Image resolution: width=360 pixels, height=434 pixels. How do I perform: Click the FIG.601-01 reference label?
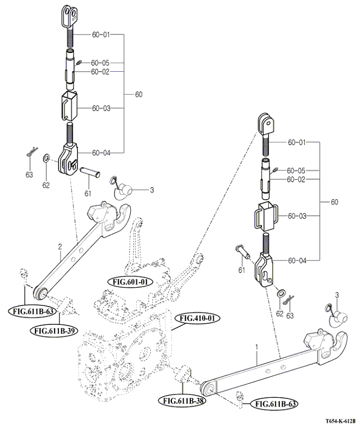point(130,282)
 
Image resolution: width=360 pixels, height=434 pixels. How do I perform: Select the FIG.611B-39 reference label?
point(55,331)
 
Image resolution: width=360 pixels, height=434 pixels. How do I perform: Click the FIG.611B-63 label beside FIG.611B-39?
point(32,311)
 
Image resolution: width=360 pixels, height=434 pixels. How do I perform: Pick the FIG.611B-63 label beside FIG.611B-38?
point(272,403)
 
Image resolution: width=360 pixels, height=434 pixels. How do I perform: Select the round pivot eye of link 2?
point(40,293)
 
